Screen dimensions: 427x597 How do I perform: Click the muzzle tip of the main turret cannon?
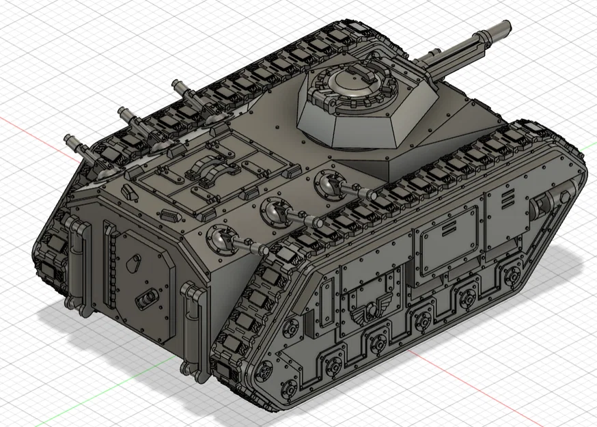(505, 28)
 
